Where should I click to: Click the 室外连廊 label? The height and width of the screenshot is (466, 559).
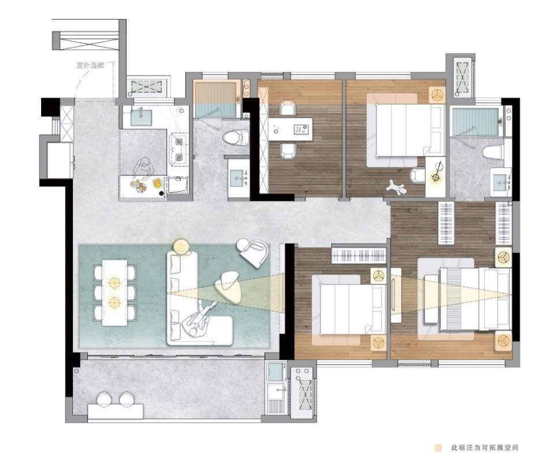tap(90, 65)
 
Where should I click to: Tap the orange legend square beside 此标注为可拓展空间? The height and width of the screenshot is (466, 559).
tap(438, 448)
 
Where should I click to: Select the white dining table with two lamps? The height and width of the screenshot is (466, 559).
tap(114, 292)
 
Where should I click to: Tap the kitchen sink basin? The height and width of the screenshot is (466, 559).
tap(141, 117)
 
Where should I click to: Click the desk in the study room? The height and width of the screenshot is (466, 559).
tap(291, 129)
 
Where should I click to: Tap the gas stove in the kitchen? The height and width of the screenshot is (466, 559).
tap(178, 150)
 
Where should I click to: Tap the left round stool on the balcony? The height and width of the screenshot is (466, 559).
tap(104, 400)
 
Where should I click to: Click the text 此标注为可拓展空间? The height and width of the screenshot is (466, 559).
tap(485, 448)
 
